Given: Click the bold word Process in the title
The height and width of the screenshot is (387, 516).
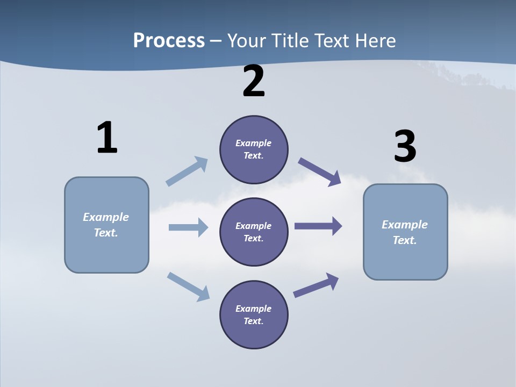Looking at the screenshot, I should (169, 40).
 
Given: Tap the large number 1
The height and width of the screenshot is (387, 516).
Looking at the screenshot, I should (107, 138).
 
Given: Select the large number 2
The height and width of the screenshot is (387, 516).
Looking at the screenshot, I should (254, 81).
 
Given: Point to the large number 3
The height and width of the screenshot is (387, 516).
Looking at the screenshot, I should (405, 146).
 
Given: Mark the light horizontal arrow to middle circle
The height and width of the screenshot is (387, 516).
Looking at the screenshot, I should (188, 227).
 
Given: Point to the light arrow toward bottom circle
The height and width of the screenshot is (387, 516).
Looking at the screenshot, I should (188, 286).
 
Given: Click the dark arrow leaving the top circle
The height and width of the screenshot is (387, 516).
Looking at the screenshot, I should (320, 171).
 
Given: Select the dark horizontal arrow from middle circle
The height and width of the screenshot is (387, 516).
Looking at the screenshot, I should (318, 226).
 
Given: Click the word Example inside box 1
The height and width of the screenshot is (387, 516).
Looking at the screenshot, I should (106, 217).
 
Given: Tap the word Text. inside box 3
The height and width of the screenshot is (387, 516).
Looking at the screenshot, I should (405, 240).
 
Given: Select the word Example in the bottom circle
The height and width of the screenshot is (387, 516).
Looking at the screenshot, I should (254, 309).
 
